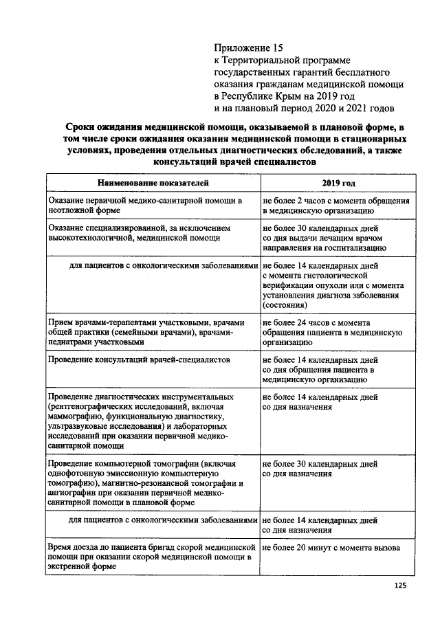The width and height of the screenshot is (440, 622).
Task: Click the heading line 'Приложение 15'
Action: tap(248, 48)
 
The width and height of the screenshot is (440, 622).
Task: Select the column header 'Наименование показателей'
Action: tap(152, 184)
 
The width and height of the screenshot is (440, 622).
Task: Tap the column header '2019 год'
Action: tap(338, 184)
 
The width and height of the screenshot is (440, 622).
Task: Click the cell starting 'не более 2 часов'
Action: tap(335, 206)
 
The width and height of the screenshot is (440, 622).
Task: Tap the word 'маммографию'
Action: tap(75, 416)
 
